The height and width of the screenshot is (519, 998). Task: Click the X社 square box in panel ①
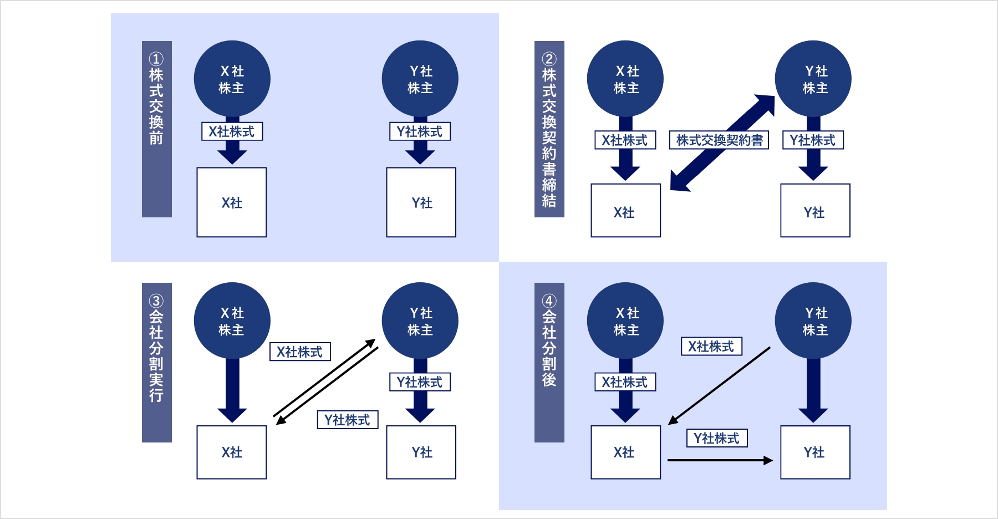coord(232,202)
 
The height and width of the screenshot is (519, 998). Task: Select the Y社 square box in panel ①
coord(421,202)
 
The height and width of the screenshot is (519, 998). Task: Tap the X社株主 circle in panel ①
coord(232,79)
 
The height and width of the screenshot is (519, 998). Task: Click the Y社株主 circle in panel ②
coord(813,79)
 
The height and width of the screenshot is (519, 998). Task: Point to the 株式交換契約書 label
coord(719,140)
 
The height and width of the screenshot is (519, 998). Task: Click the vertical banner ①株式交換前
coord(156,129)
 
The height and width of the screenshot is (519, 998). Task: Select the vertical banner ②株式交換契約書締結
coord(549,129)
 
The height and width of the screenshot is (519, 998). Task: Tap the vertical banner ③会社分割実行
coord(156,362)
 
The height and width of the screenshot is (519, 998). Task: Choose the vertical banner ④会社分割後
coord(549,362)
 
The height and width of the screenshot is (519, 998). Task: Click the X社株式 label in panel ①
coord(232,131)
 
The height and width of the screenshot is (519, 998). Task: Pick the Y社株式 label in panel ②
coord(813,140)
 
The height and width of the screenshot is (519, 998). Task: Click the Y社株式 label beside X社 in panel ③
coord(348,420)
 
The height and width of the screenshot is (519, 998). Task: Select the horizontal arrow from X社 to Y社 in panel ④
coord(720,460)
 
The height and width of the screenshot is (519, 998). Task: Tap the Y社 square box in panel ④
coord(815,452)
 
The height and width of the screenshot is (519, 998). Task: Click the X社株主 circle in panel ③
coord(232,320)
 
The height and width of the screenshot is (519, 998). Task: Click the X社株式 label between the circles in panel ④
coord(711,347)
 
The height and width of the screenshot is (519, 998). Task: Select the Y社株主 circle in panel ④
coord(813,320)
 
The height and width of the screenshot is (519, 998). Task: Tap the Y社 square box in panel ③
coord(421,452)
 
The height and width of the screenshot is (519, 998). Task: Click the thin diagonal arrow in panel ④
coord(720,386)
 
